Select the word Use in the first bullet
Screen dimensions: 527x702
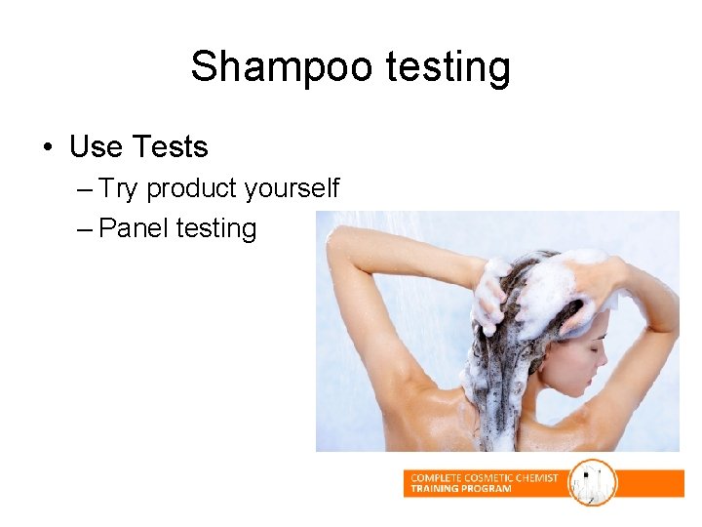tap(96, 147)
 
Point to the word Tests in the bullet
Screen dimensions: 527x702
tap(170, 147)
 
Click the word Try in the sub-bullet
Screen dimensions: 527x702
tap(119, 188)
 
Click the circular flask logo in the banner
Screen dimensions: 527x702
tap(593, 483)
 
